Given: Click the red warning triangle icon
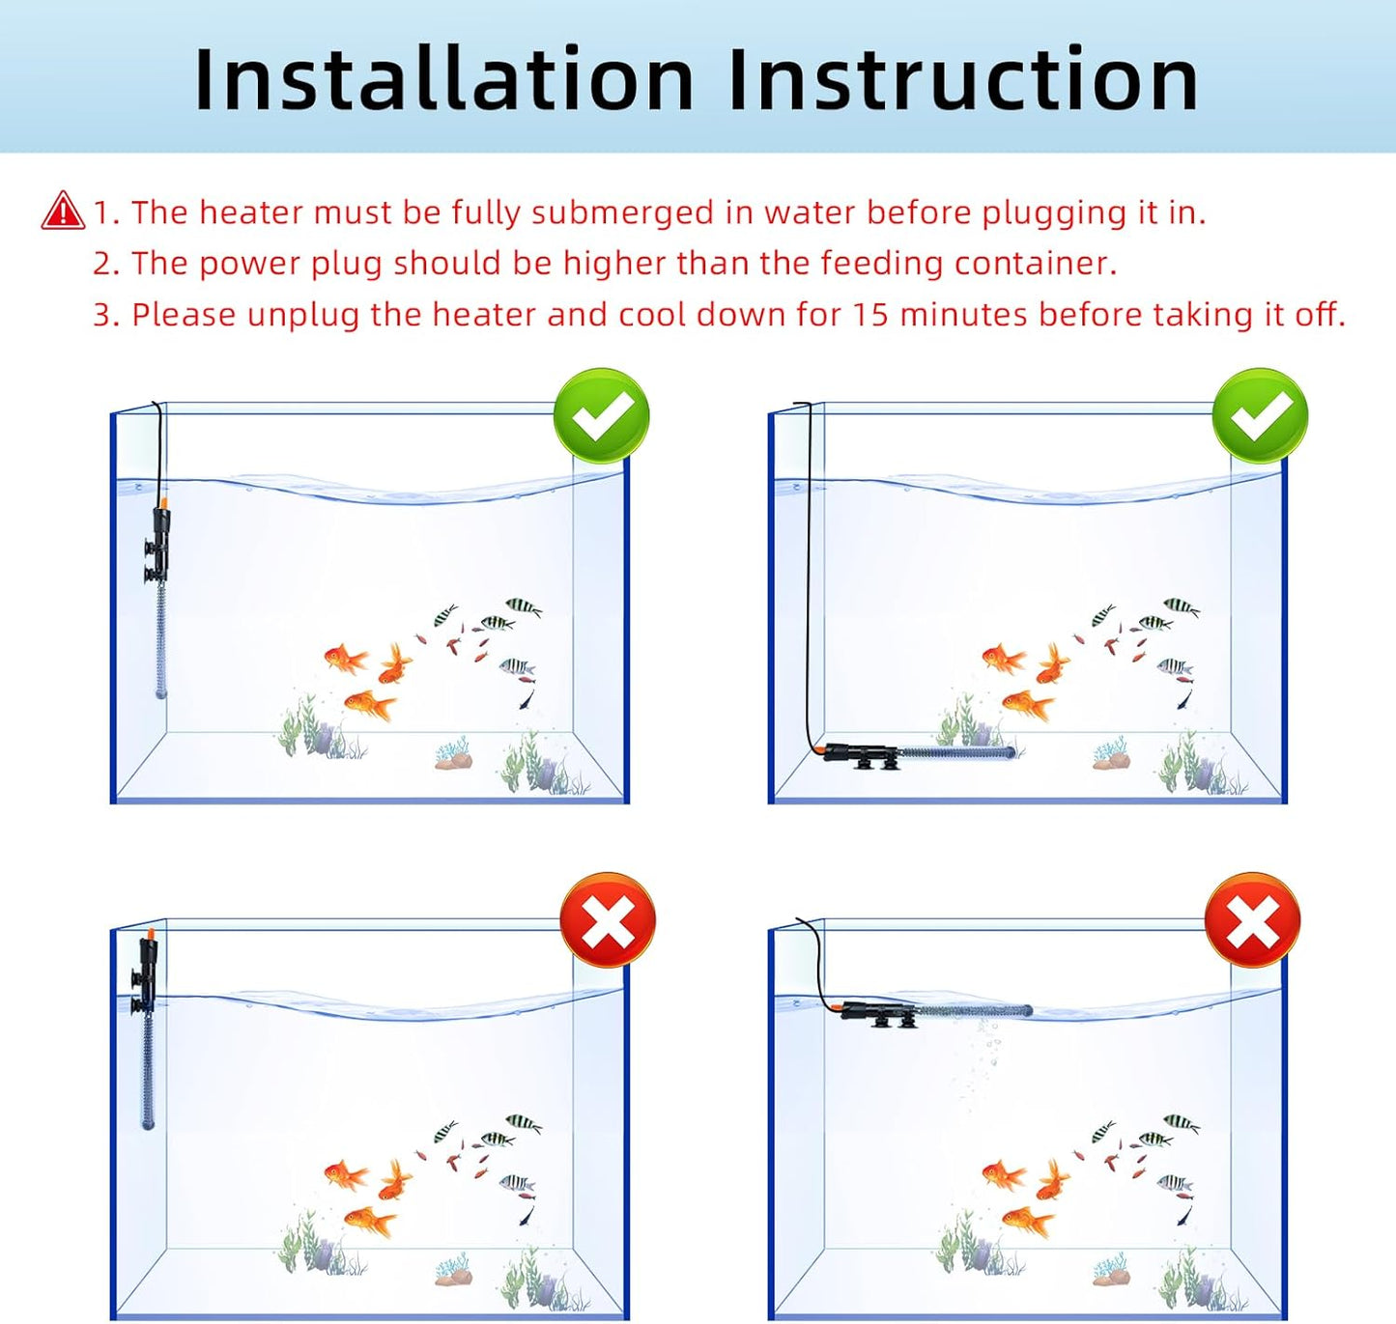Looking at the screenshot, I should (x=63, y=211).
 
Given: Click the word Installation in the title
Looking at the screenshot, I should (x=443, y=79).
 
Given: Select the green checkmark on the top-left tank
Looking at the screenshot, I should (x=601, y=416).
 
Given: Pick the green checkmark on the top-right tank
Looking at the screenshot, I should (x=1260, y=416).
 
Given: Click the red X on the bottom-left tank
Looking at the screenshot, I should (x=608, y=920).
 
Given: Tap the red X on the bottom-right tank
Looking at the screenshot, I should (x=1252, y=920).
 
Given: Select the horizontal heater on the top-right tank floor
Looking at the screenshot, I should (x=918, y=752).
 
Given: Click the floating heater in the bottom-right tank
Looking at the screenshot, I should (x=932, y=1011).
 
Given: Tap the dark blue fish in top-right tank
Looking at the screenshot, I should (x=1184, y=698).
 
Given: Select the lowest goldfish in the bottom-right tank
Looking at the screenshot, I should (x=1029, y=1223).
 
